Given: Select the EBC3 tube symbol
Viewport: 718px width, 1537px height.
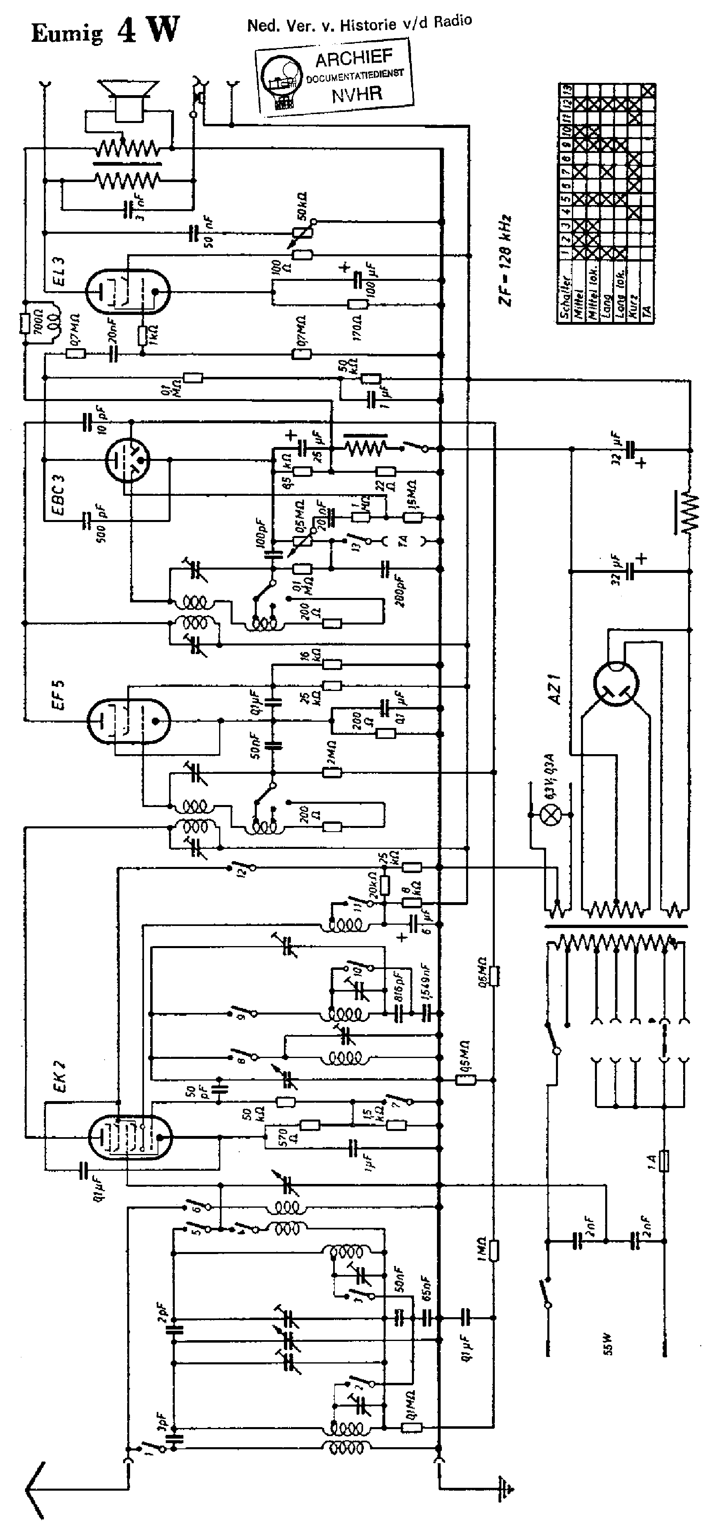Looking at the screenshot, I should pos(127,460).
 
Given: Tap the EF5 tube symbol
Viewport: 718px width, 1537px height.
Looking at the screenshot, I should pos(128,721).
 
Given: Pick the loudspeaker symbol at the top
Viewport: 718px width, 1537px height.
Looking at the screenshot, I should pos(128,97).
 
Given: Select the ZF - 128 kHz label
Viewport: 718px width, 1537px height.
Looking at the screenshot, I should pos(506,261).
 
